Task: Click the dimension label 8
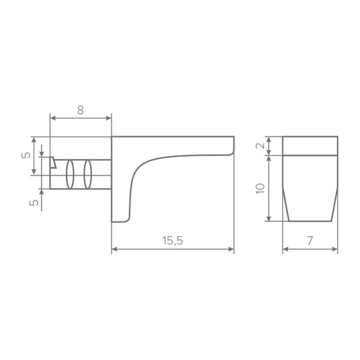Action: [80, 110]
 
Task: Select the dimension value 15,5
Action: [172, 241]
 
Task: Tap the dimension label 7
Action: [310, 241]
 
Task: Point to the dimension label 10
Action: [260, 189]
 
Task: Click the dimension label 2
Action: [260, 146]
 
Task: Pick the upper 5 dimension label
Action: [26, 155]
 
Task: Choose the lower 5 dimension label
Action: [34, 203]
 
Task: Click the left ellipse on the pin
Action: [70, 174]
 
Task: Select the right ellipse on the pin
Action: [87, 174]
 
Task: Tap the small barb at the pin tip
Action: [53, 163]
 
